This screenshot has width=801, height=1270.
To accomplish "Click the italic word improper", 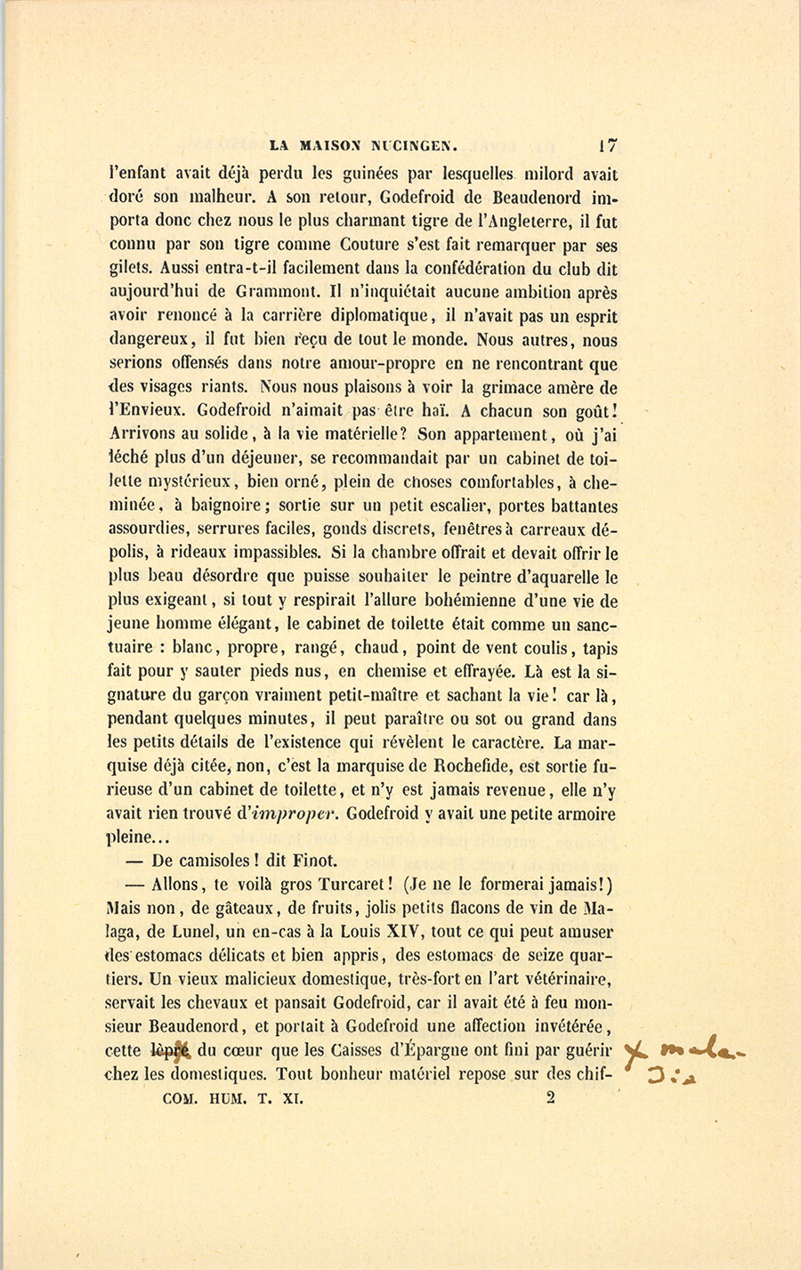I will pyautogui.click(x=297, y=813).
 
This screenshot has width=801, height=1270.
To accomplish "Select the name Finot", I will pyautogui.click(x=316, y=861).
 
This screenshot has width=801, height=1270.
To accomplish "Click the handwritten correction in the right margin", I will pyautogui.click(x=685, y=1064).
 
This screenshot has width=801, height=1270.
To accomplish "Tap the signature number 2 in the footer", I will pyautogui.click(x=551, y=1098).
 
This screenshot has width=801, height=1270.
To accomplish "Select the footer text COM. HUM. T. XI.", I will pyautogui.click(x=233, y=1099).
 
